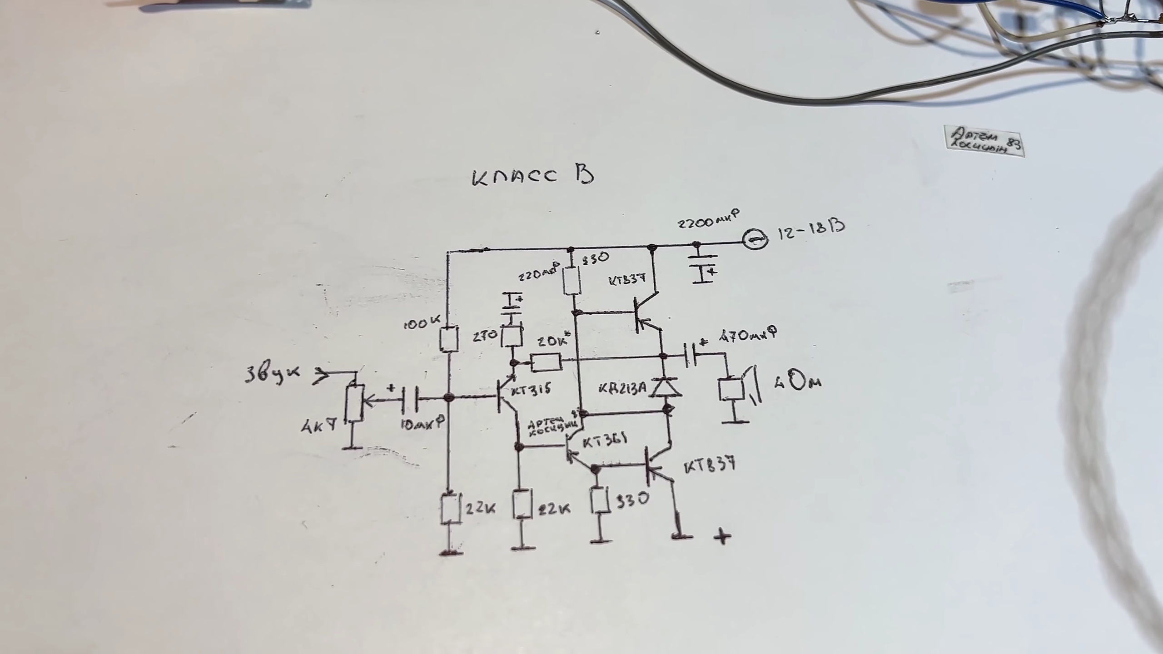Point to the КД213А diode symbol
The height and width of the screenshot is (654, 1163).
[666, 387]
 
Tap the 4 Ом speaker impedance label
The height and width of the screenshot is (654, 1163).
[797, 382]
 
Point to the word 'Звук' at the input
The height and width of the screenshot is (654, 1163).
[272, 374]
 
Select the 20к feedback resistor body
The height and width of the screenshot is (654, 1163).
[547, 362]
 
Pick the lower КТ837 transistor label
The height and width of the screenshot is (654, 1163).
[709, 466]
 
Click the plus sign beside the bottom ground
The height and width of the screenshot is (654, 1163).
[722, 536]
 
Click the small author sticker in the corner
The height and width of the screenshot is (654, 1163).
[984, 141]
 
